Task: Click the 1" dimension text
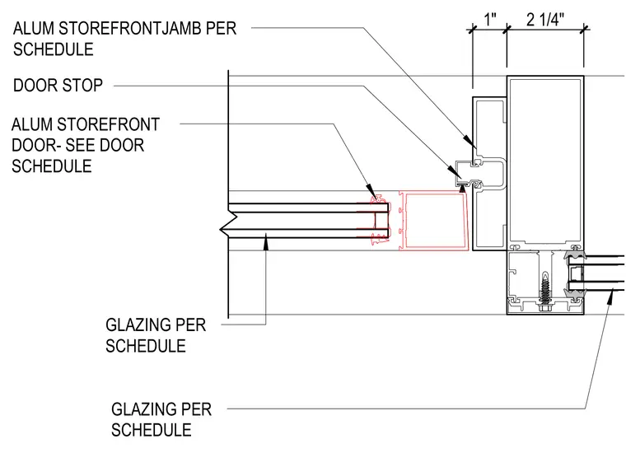click(x=490, y=20)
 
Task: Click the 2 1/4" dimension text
click(x=545, y=20)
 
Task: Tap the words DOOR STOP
click(x=58, y=86)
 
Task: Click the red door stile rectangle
click(x=434, y=221)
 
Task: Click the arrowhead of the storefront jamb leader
click(x=469, y=140)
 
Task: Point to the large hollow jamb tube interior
click(x=545, y=161)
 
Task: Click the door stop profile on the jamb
click(x=481, y=174)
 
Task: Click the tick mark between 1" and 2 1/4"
click(x=507, y=28)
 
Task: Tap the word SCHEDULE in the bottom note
click(x=152, y=430)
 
